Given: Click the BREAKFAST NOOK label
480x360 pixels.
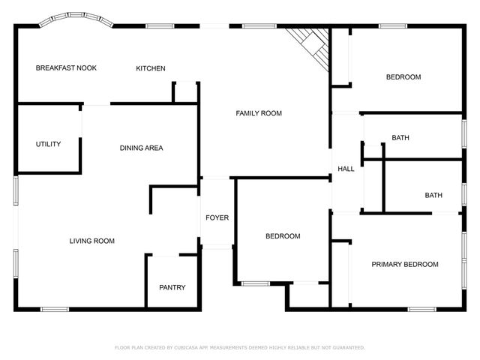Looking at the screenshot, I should coord(66,68).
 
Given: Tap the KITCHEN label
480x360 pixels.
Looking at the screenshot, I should coord(150,69).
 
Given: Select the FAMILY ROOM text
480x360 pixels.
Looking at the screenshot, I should coord(259,113).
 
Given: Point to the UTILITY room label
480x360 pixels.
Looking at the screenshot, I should coord(48,144).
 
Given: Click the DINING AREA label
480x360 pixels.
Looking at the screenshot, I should coord(141,148).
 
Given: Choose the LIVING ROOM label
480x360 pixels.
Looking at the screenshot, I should coord(91,241).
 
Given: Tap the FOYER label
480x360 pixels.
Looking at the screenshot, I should coord(217,218).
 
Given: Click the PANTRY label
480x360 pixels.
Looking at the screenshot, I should coord(172,287).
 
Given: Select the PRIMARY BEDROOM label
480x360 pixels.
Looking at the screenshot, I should coord(405,264).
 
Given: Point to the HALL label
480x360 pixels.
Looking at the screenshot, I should coord(346,169).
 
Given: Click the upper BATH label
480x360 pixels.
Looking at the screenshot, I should coord(400,138).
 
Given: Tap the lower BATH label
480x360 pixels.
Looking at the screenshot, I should coord(433,196).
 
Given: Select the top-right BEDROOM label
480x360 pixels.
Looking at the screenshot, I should coord(403,77).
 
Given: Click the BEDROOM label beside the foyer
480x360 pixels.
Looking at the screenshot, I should coord(283,236).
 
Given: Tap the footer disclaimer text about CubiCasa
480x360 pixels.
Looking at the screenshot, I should coord(240,347).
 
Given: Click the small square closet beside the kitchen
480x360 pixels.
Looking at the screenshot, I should coord(184,92).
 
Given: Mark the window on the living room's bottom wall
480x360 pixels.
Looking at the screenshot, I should coord(55,308).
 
